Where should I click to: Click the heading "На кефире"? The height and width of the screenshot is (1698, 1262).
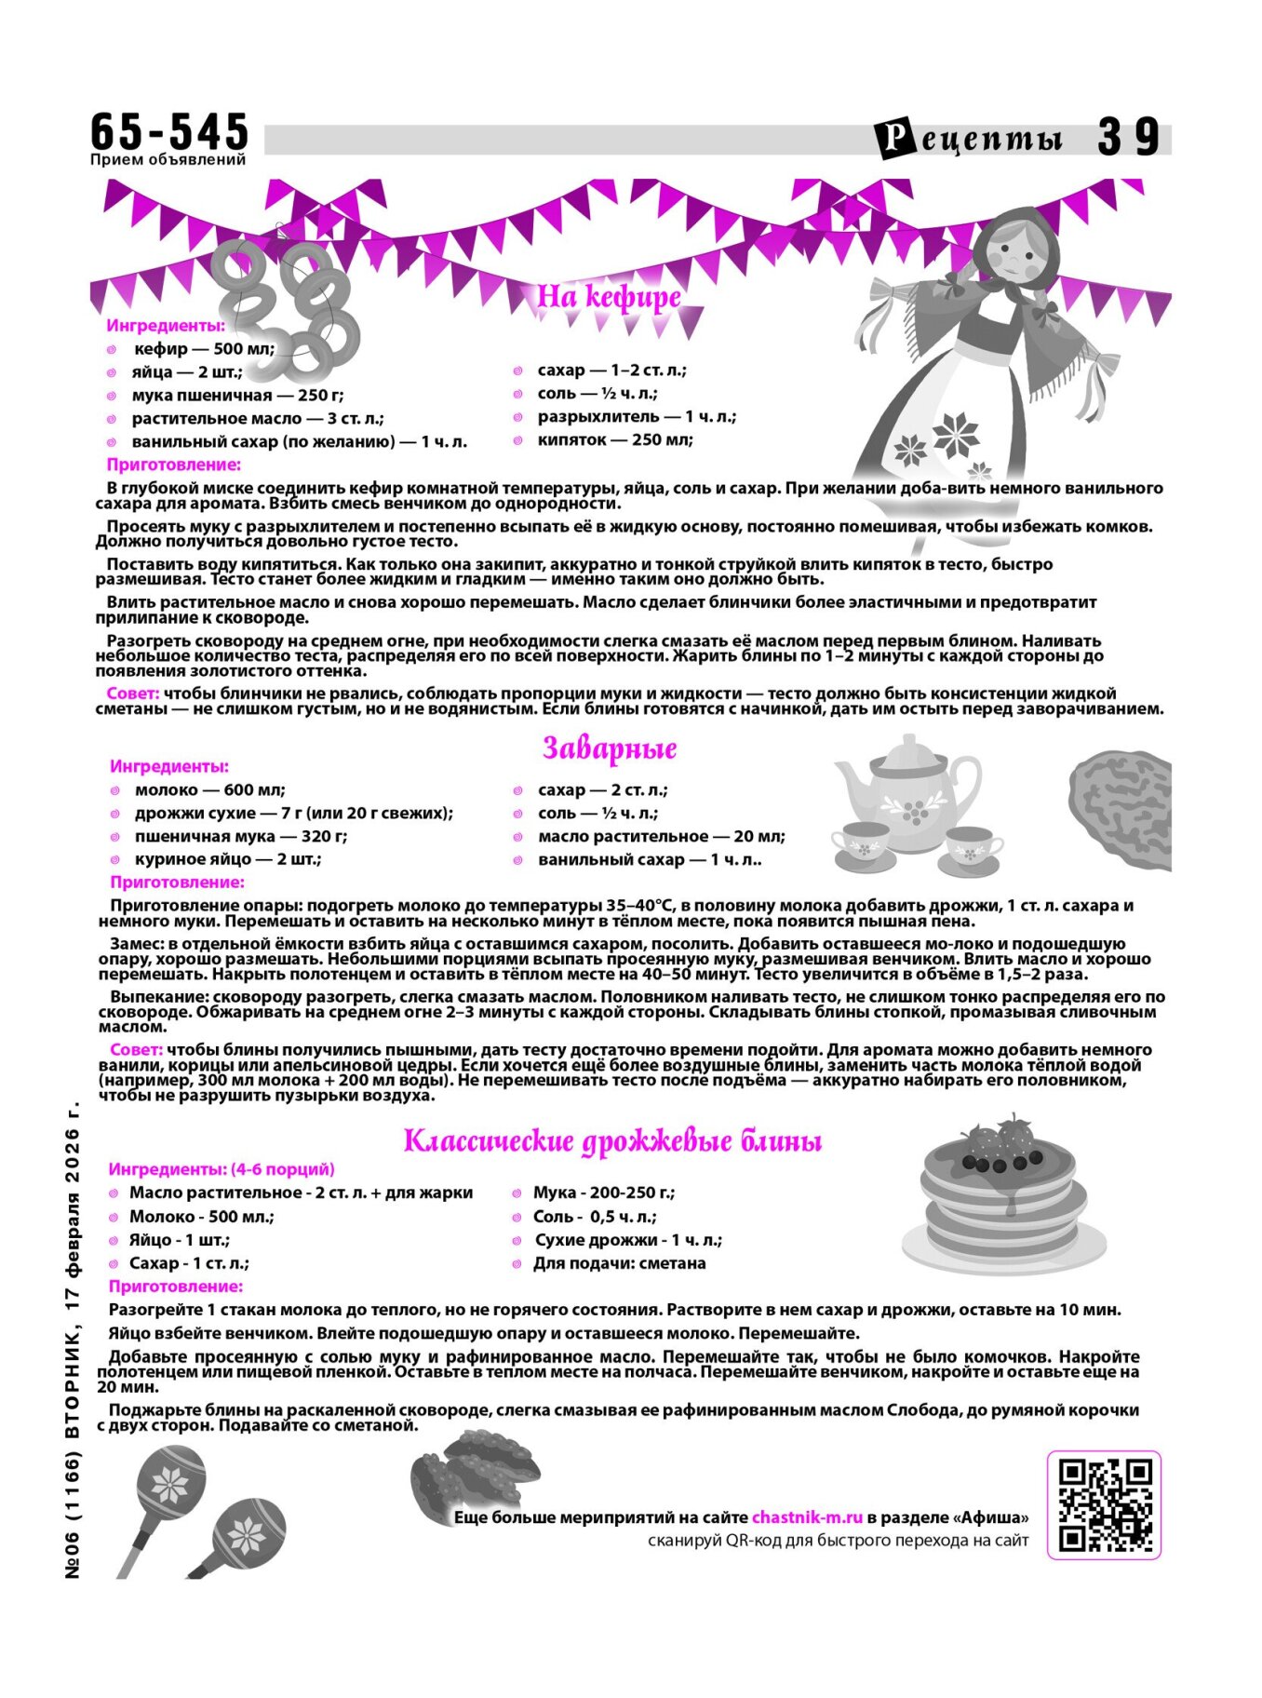pyautogui.click(x=609, y=297)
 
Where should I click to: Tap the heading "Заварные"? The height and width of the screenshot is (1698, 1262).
pyautogui.click(x=610, y=748)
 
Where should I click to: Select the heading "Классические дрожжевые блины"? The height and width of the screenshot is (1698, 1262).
pyautogui.click(x=612, y=1141)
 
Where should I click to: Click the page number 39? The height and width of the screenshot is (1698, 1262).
pyautogui.click(x=1128, y=138)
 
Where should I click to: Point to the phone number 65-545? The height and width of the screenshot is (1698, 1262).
pyautogui.click(x=169, y=131)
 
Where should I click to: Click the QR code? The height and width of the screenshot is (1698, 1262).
pyautogui.click(x=1105, y=1505)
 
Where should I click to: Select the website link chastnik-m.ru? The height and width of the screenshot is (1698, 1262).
pyautogui.click(x=807, y=1517)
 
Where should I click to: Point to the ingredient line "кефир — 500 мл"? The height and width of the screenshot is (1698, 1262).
pyautogui.click(x=205, y=349)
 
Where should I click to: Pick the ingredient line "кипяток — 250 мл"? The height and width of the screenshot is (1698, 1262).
pyautogui.click(x=614, y=439)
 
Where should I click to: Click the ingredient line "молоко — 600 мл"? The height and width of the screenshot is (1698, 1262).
pyautogui.click(x=209, y=790)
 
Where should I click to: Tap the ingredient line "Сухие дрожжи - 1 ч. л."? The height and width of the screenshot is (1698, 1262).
pyautogui.click(x=628, y=1240)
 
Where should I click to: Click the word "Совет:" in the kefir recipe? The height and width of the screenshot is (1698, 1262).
pyautogui.click(x=132, y=694)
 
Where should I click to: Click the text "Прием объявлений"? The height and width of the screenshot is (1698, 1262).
pyautogui.click(x=168, y=159)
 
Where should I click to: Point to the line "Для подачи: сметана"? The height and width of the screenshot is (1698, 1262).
pyautogui.click(x=619, y=1263)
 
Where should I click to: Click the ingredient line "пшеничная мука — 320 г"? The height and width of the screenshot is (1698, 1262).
pyautogui.click(x=240, y=836)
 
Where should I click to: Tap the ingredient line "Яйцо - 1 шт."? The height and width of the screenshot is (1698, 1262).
pyautogui.click(x=179, y=1240)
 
